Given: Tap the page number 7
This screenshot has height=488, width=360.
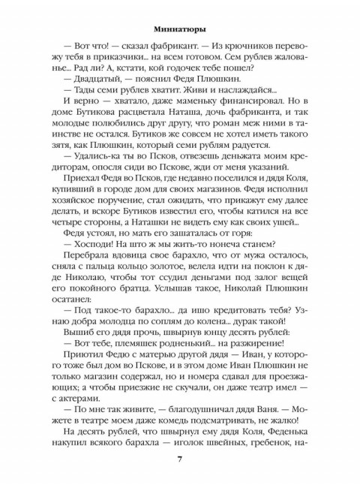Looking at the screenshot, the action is click(x=179, y=459).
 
